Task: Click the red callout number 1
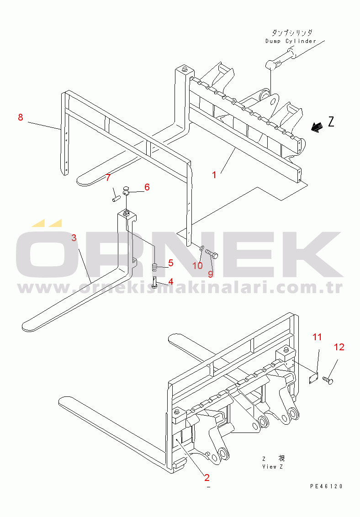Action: pyautogui.click(x=214, y=175)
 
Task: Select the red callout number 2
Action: pyautogui.click(x=206, y=477)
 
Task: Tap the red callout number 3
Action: pyautogui.click(x=74, y=237)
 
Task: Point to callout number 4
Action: pyautogui.click(x=170, y=282)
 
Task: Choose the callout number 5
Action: pyautogui.click(x=170, y=263)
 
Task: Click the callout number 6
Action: pyautogui.click(x=147, y=187)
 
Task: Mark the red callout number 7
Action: pyautogui.click(x=108, y=177)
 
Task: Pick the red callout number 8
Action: pyautogui.click(x=21, y=117)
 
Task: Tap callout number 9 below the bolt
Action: pyautogui.click(x=210, y=274)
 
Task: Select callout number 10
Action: pyautogui.click(x=197, y=265)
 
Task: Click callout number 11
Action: pyautogui.click(x=317, y=337)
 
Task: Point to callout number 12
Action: pyautogui.click(x=339, y=347)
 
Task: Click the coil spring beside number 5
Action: pyautogui.click(x=155, y=267)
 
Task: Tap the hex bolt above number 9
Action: pyautogui.click(x=212, y=254)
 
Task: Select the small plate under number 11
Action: pyautogui.click(x=313, y=378)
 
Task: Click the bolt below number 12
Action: pyautogui.click(x=328, y=380)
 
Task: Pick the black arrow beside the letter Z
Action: pyautogui.click(x=317, y=127)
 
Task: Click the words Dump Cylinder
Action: pyautogui.click(x=291, y=41)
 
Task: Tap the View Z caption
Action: pyautogui.click(x=273, y=467)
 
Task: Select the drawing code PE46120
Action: pyautogui.click(x=326, y=486)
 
